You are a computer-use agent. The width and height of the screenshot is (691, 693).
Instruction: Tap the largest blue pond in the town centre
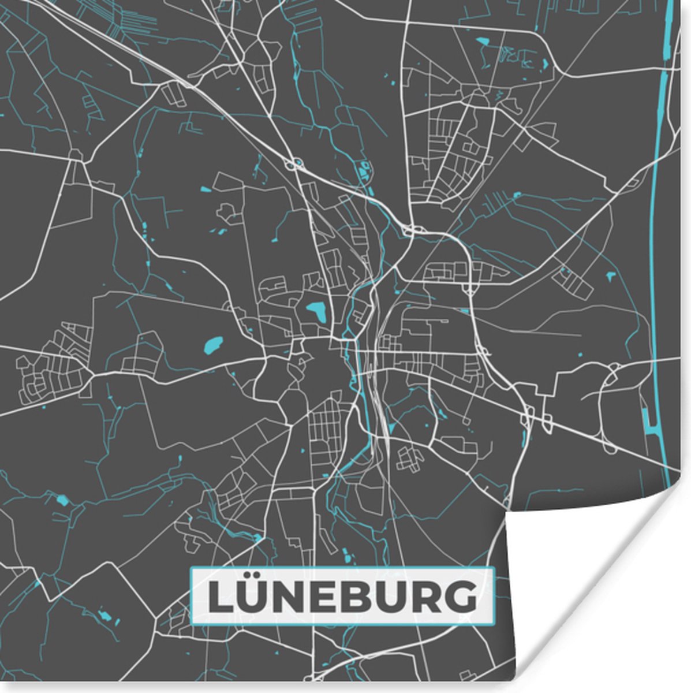coord(316,312)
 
